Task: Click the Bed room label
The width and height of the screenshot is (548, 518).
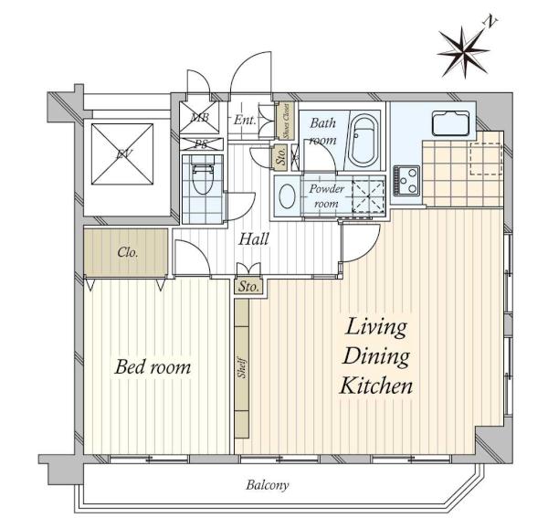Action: click(x=153, y=367)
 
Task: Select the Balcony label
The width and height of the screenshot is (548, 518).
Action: click(x=268, y=485)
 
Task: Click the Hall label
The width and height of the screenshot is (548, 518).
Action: click(x=254, y=239)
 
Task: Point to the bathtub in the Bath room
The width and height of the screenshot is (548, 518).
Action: click(x=364, y=140)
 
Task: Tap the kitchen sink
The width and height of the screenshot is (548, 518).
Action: click(x=450, y=123)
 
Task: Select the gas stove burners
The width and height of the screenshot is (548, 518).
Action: click(x=406, y=180)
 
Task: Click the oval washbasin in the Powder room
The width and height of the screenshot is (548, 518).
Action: click(x=288, y=196)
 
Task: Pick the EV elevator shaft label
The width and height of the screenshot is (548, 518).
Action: click(x=122, y=153)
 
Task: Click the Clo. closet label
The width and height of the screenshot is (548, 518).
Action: click(x=127, y=252)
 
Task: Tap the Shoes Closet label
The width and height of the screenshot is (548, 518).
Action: click(x=286, y=122)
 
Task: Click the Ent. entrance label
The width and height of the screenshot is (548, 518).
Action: click(x=244, y=121)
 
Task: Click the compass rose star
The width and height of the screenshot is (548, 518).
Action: click(x=463, y=52)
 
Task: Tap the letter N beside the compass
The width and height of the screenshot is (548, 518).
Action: click(x=490, y=22)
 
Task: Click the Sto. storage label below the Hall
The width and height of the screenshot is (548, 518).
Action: click(x=248, y=287)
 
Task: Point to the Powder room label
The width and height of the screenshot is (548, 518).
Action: click(x=326, y=196)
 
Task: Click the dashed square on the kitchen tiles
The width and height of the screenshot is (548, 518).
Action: click(x=486, y=159)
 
